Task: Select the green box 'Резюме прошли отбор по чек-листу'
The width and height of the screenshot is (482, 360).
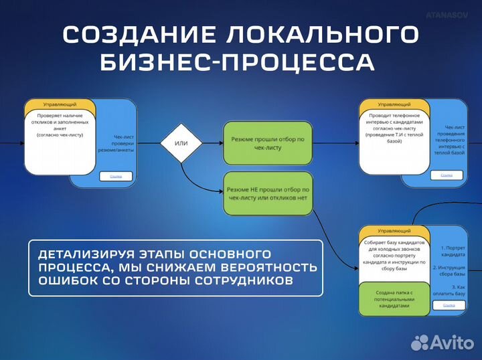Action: click(x=268, y=143)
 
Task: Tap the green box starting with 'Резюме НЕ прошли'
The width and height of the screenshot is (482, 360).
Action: click(x=268, y=194)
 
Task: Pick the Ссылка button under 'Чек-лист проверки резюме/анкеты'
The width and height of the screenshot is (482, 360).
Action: click(x=116, y=176)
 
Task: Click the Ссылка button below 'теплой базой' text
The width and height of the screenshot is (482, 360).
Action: click(x=447, y=175)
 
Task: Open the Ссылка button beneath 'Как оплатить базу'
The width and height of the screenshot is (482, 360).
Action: click(x=448, y=304)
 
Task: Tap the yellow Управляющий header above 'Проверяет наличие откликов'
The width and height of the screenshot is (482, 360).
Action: click(x=60, y=106)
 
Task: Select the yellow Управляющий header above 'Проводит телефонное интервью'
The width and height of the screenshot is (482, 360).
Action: click(x=394, y=105)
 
